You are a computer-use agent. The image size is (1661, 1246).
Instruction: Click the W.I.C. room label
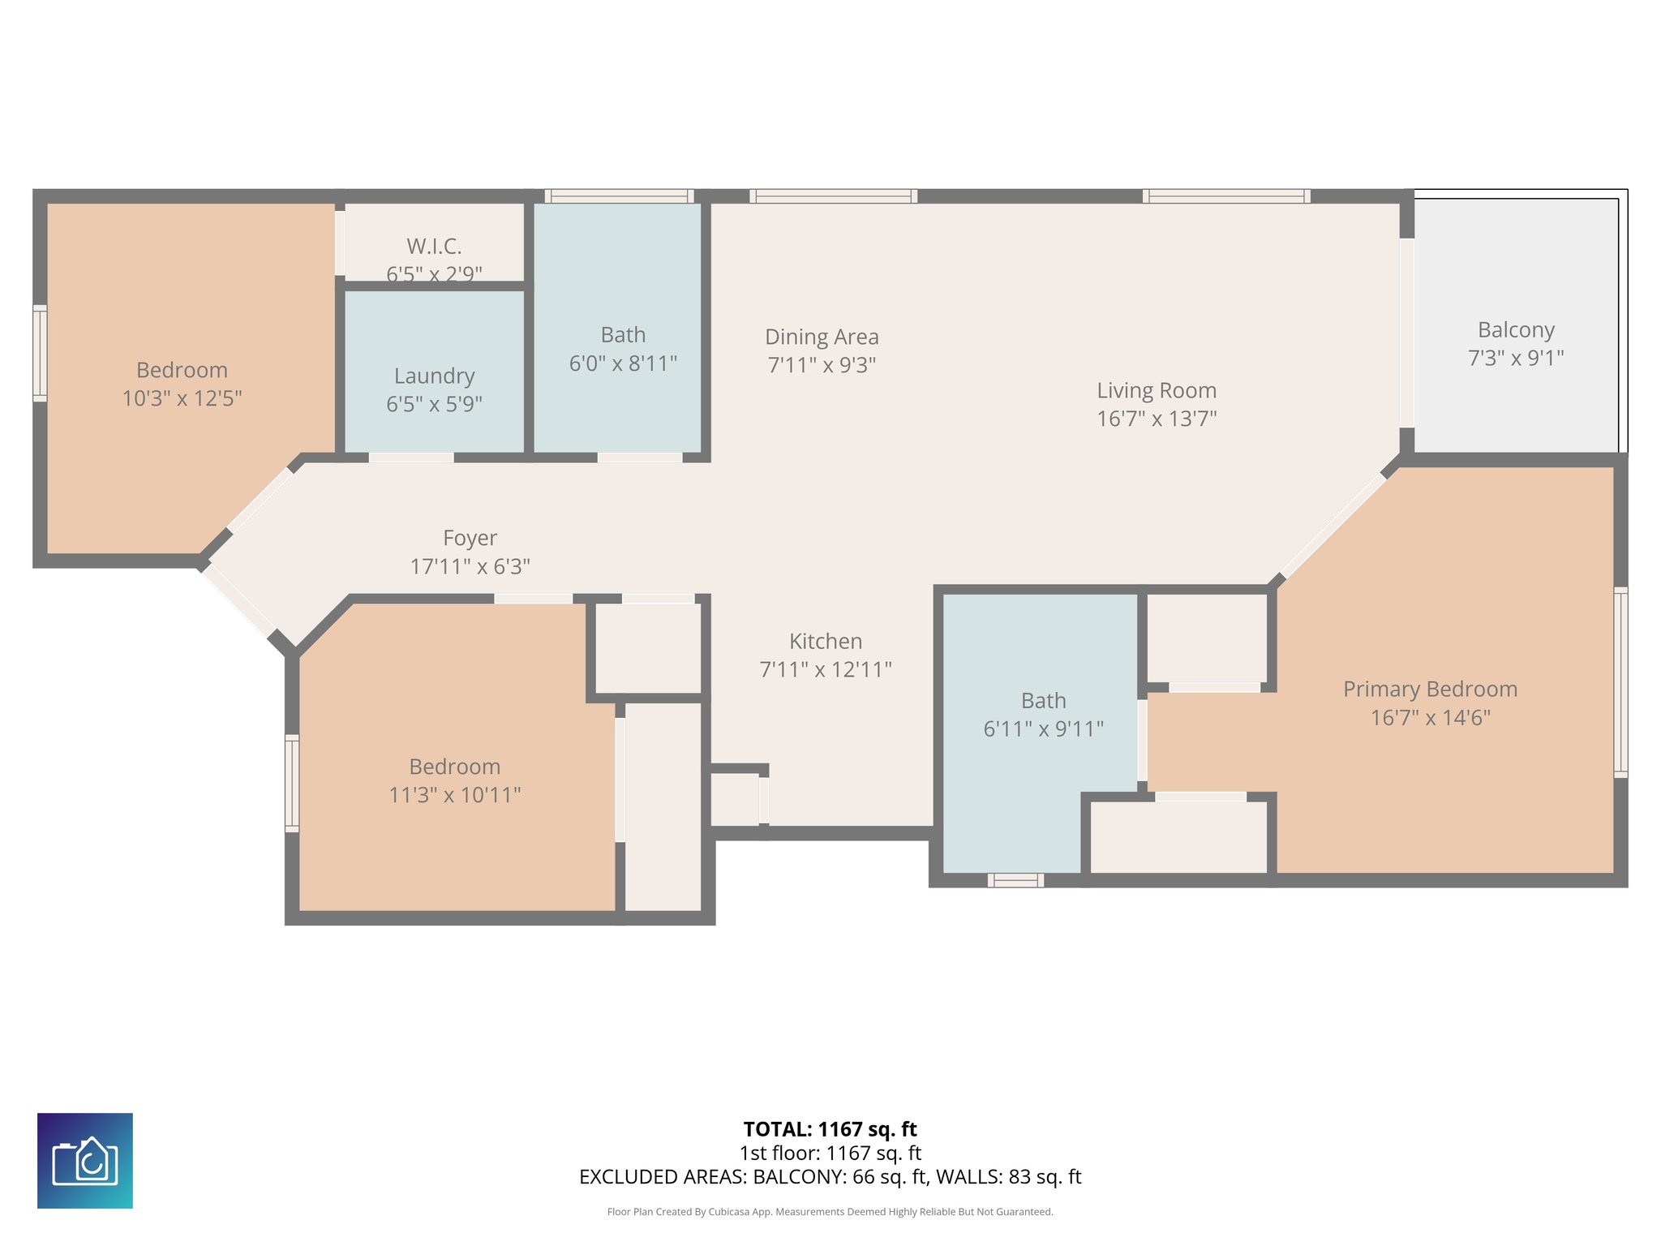pyautogui.click(x=434, y=246)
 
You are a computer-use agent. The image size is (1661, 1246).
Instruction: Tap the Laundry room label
pyautogui.click(x=434, y=376)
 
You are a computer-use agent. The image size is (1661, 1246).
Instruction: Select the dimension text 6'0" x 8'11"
pyautogui.click(x=623, y=363)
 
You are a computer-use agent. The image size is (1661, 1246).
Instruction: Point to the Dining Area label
pyautogui.click(x=822, y=337)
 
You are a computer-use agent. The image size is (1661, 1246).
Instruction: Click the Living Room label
pyautogui.click(x=1157, y=390)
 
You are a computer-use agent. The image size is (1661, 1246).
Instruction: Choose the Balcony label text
pyautogui.click(x=1516, y=330)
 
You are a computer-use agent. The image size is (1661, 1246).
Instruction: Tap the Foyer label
pyautogui.click(x=470, y=538)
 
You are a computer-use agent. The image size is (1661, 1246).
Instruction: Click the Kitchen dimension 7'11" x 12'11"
pyautogui.click(x=826, y=669)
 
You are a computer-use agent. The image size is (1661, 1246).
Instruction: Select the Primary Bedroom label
pyautogui.click(x=1430, y=689)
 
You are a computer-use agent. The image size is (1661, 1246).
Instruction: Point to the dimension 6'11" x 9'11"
pyautogui.click(x=1043, y=728)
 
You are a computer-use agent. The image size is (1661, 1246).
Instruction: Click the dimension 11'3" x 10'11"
pyautogui.click(x=454, y=794)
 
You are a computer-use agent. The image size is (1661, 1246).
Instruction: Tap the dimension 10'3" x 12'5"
pyautogui.click(x=182, y=398)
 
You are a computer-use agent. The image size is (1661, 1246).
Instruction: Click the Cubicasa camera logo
pyautogui.click(x=85, y=1160)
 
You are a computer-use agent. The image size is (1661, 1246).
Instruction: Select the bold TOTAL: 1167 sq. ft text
pyautogui.click(x=830, y=1129)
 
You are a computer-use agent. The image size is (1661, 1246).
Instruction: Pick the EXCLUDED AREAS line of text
pyautogui.click(x=830, y=1176)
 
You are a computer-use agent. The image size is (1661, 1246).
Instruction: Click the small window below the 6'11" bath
pyautogui.click(x=1015, y=880)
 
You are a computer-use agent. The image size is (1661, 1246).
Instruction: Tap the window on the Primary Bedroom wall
pyautogui.click(x=1620, y=682)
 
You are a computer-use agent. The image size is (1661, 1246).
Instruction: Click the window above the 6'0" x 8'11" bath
pyautogui.click(x=619, y=195)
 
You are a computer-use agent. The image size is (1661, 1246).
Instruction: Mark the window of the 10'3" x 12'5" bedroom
pyautogui.click(x=40, y=353)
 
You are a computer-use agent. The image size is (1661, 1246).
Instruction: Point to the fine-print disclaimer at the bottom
pyautogui.click(x=830, y=1212)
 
